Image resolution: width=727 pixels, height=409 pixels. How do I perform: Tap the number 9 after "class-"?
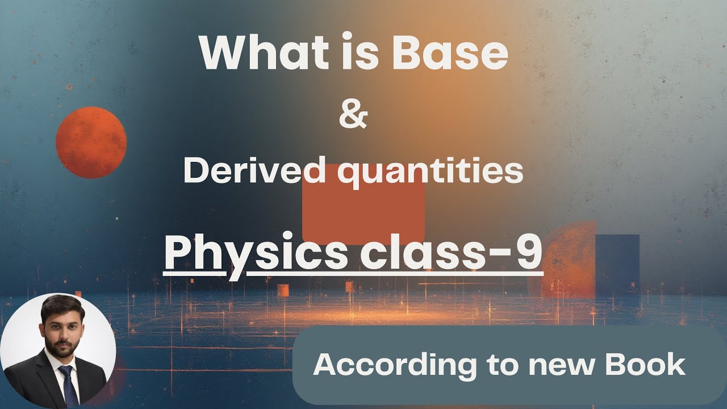pos(528,253)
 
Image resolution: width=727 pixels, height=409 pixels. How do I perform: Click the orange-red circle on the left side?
pos(91,142)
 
